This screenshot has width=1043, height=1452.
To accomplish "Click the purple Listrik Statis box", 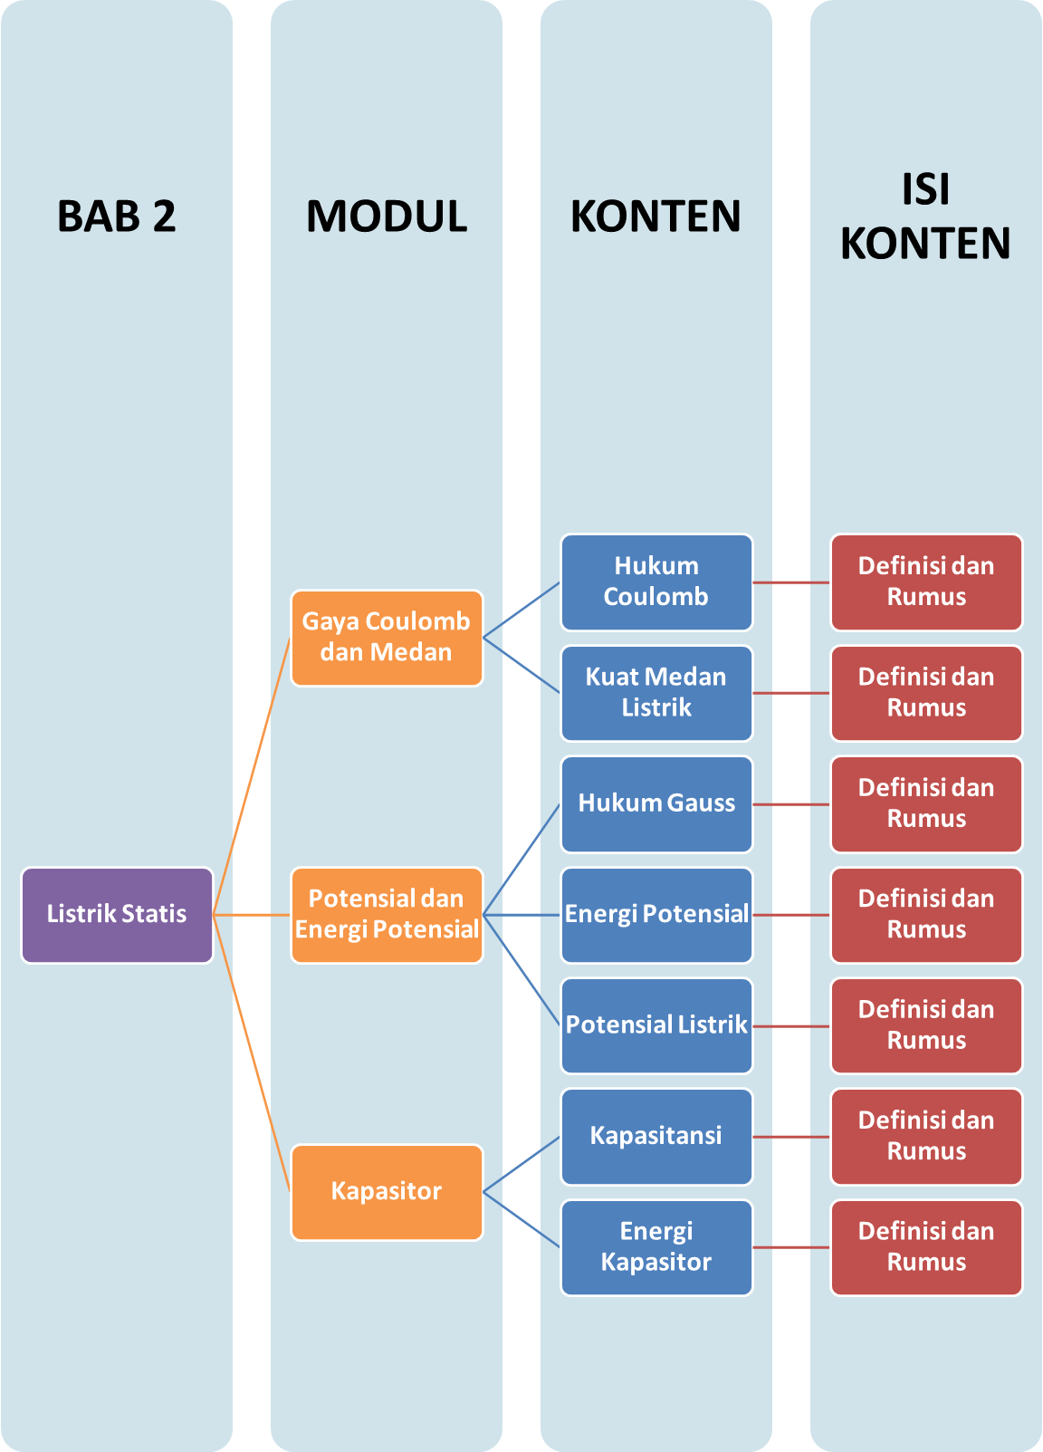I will click(117, 915).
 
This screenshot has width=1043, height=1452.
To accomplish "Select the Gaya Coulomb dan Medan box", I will click(387, 638).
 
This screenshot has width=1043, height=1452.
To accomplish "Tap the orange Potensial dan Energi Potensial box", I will click(387, 915).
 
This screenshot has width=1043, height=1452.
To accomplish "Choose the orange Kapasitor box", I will click(387, 1192).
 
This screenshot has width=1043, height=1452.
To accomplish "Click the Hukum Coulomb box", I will click(656, 582).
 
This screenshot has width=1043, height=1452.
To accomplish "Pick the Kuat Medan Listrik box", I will click(656, 693).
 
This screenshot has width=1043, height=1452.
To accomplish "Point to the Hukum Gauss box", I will click(656, 803).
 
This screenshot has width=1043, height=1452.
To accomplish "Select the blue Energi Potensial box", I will click(656, 915).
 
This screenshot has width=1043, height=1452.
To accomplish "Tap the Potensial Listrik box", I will click(656, 1025).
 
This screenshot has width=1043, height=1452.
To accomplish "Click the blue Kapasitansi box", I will click(656, 1137).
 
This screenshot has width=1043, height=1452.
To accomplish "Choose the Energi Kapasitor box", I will click(656, 1247).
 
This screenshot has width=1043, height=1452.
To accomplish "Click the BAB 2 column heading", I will click(117, 216).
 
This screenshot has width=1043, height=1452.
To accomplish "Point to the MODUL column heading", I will click(387, 216).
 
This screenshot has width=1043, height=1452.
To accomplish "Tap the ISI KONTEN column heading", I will click(925, 216).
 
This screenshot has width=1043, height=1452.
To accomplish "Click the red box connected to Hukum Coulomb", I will click(926, 582).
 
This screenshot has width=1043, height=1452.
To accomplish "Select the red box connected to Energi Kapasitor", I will click(926, 1247).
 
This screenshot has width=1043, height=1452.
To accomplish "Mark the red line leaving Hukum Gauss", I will click(791, 804).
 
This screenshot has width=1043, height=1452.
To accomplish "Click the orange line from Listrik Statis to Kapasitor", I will click(252, 1053).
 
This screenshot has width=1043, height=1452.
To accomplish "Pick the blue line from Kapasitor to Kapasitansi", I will click(522, 1164).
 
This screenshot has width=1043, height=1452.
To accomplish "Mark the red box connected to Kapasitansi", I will click(926, 1137).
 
